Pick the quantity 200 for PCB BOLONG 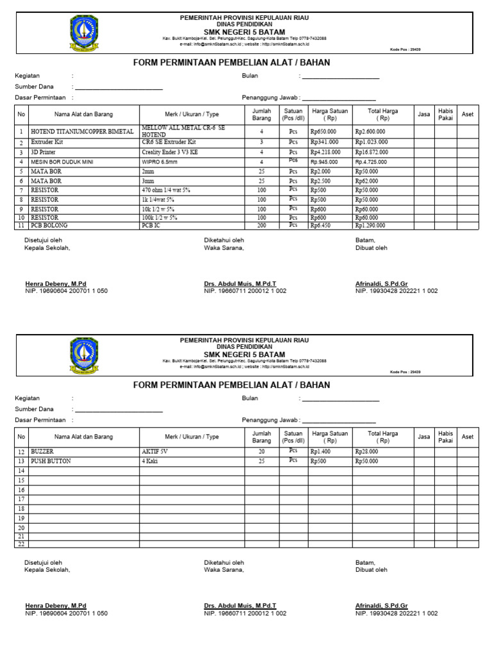tap(261, 226)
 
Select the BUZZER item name tap(42, 451)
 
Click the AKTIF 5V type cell tap(154, 451)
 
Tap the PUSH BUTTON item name tap(51, 461)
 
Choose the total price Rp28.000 tap(366, 451)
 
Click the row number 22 tap(21, 544)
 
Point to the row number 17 tap(21, 499)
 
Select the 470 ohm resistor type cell tap(166, 190)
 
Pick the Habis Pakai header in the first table tap(445, 114)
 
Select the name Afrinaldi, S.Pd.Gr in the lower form tap(381, 605)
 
